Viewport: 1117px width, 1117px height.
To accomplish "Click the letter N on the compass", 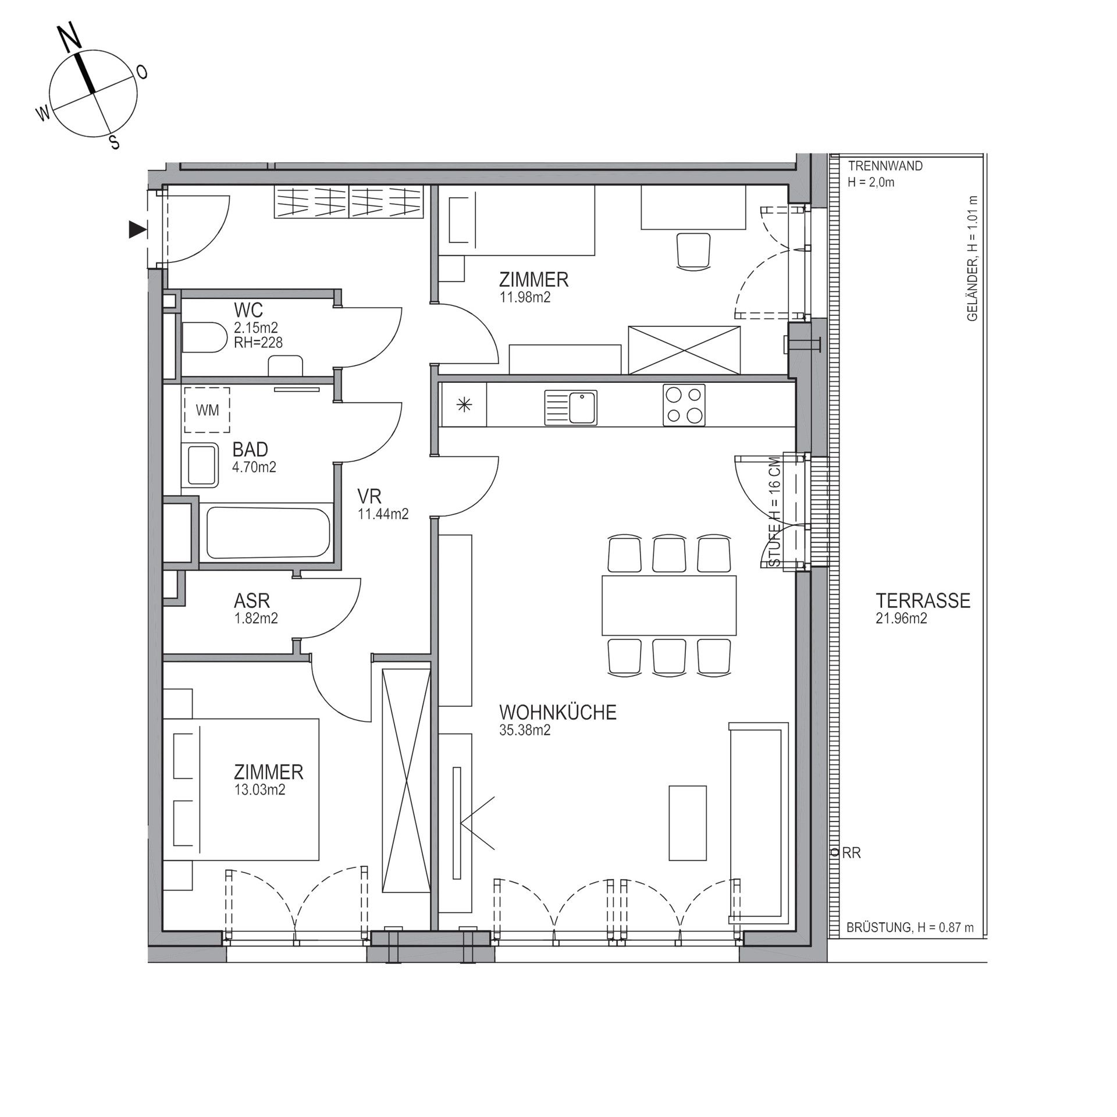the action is (x=70, y=39).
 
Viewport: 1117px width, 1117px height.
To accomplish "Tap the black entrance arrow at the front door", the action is (x=137, y=230).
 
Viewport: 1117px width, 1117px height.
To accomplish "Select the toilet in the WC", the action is (x=204, y=337).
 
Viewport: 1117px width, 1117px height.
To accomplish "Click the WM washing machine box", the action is (x=207, y=410).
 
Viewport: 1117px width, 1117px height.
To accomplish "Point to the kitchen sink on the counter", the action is (x=571, y=407).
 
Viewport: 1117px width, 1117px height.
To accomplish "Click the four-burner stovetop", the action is (x=684, y=405).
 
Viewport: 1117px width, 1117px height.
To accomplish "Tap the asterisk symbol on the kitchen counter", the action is (x=464, y=405).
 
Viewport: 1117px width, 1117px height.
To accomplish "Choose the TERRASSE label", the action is (x=923, y=600).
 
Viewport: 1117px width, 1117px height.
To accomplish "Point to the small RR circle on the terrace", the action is (x=835, y=853).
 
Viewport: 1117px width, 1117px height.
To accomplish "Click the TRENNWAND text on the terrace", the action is (x=885, y=166).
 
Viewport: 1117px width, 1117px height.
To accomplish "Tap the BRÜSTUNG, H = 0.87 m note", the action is (x=910, y=927).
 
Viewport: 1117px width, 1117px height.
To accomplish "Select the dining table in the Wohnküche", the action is (x=669, y=605).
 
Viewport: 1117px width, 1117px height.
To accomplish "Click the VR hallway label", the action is (x=369, y=496).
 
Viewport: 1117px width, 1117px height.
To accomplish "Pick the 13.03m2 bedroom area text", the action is (x=259, y=790).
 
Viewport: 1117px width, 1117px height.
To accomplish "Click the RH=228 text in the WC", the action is (x=258, y=343).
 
